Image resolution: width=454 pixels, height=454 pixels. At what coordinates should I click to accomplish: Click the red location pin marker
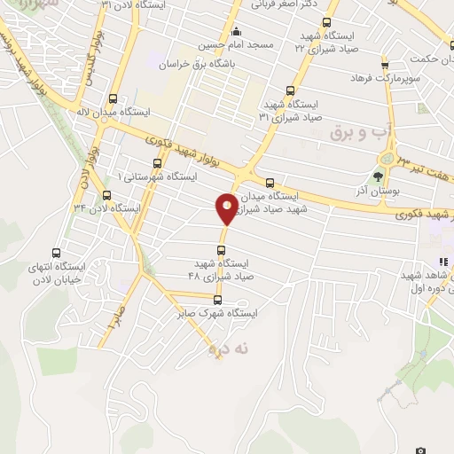click(x=227, y=208)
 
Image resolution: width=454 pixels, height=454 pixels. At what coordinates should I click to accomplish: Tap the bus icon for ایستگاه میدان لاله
click(x=113, y=99)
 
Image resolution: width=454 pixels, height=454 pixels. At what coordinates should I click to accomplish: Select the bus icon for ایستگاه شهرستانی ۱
click(x=157, y=163)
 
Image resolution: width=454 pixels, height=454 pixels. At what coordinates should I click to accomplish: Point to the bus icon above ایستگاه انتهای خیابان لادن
click(x=58, y=252)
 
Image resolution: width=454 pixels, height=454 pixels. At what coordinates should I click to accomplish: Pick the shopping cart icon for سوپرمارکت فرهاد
click(x=384, y=65)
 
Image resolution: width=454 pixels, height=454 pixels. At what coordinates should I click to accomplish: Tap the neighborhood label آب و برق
click(x=354, y=132)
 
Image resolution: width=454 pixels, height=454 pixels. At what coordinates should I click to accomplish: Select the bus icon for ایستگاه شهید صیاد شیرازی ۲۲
click(x=326, y=23)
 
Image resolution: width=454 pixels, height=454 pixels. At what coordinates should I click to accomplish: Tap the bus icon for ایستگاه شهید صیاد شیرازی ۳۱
click(x=291, y=90)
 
